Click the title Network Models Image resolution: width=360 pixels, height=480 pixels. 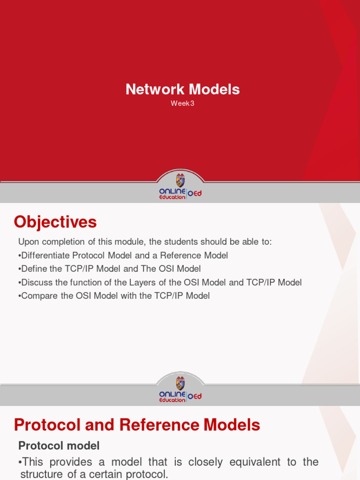(182, 89)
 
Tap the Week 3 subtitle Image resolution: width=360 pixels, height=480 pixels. (182, 104)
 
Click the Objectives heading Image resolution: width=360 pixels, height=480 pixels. (55, 222)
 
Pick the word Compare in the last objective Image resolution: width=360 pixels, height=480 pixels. (38, 296)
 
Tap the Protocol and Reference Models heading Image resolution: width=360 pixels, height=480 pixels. (137, 425)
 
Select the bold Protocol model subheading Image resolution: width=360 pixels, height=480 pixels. (59, 445)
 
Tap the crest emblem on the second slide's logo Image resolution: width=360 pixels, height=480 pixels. (180, 383)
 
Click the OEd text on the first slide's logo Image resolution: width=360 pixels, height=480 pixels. (195, 194)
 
